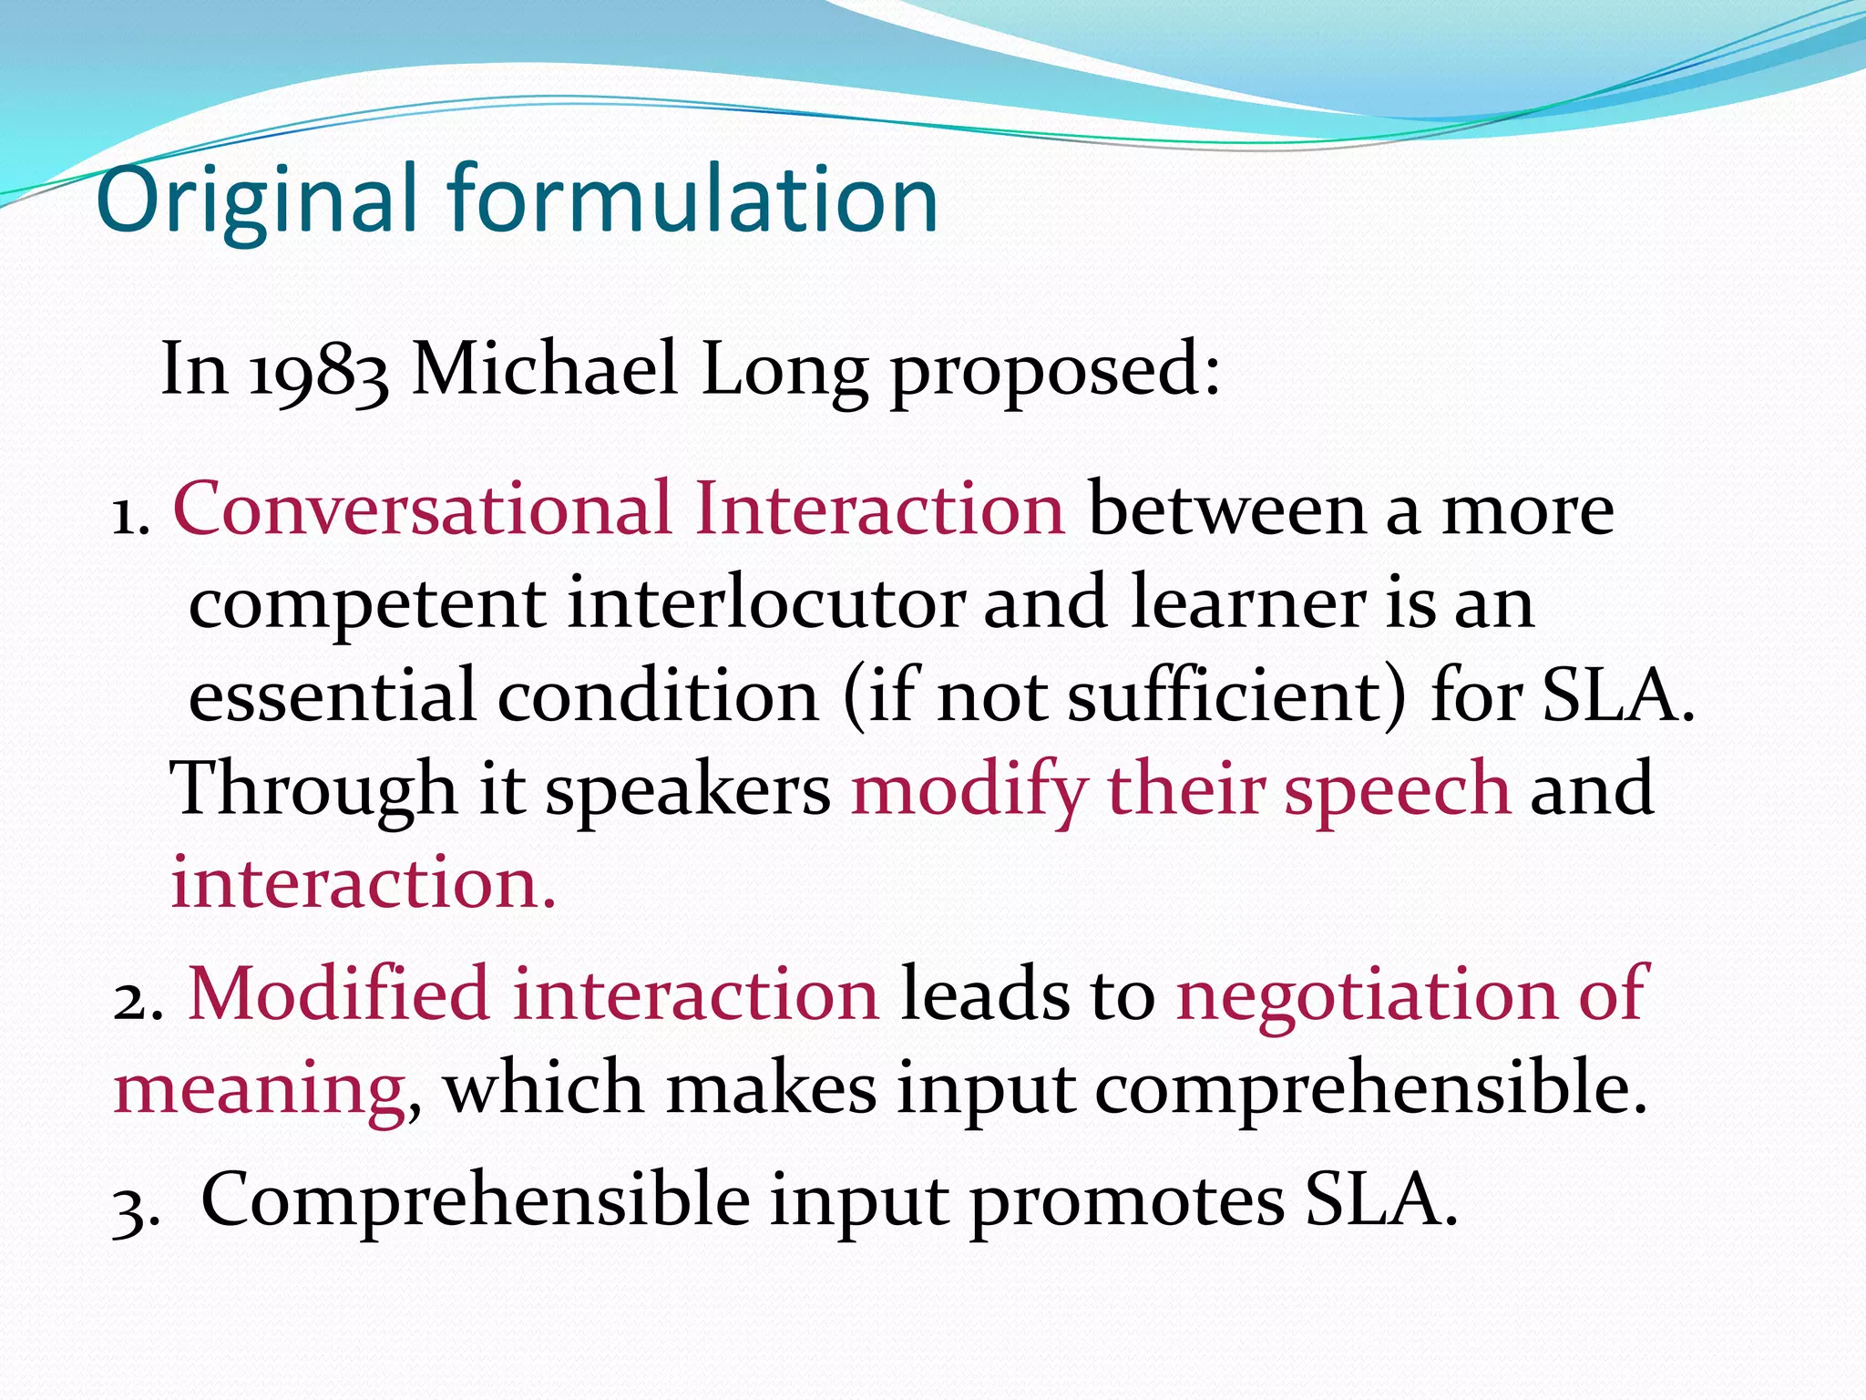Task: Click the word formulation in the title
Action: click(x=692, y=199)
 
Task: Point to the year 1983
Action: click(x=319, y=372)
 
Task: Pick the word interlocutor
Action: click(x=765, y=603)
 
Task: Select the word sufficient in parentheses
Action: click(x=1225, y=695)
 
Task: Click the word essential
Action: click(x=332, y=695)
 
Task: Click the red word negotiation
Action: click(x=1367, y=993)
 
